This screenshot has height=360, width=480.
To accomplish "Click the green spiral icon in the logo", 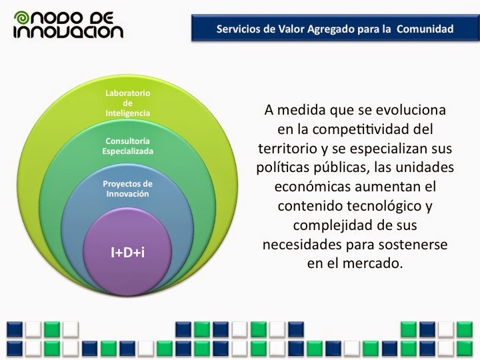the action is point(21,18).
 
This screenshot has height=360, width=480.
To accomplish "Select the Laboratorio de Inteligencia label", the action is point(127,103).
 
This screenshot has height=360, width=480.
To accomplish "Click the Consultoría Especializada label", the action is point(127,146).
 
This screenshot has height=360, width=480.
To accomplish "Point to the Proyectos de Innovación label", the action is point(127,189).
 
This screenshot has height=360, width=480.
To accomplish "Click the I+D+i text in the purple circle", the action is point(127,253).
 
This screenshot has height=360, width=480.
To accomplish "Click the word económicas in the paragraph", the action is point(313,187).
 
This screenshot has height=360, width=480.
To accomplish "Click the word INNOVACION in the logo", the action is point(68,32).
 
